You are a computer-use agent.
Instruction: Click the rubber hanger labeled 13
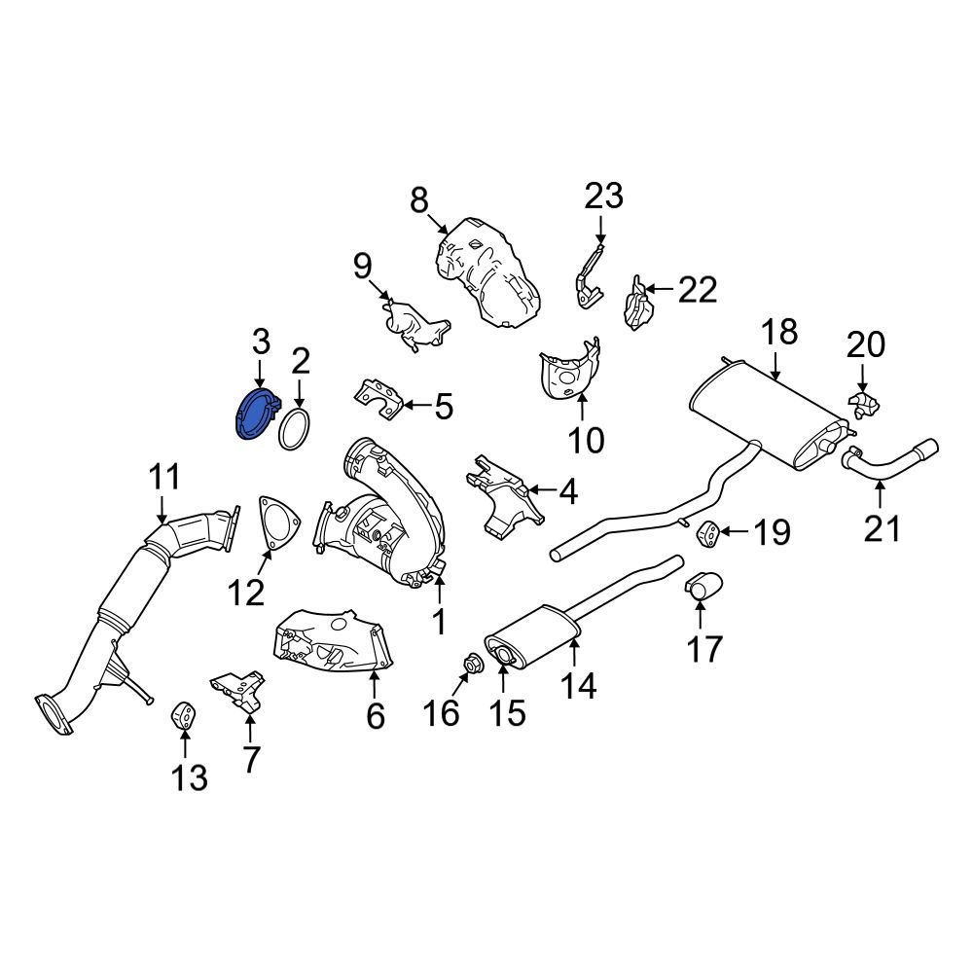click(183, 717)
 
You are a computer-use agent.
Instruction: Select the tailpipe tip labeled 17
click(702, 588)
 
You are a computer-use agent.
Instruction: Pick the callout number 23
click(602, 198)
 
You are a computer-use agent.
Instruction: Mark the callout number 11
click(164, 479)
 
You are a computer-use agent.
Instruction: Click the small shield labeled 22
click(635, 304)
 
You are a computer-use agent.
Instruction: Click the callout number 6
click(376, 717)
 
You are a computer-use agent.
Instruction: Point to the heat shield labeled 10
click(569, 374)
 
